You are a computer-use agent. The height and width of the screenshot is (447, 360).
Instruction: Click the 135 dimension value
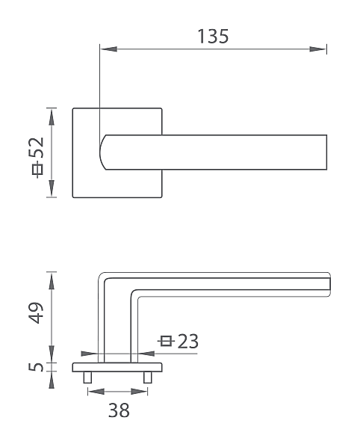point(213,36)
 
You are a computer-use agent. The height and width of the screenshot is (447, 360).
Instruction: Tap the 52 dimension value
point(37,147)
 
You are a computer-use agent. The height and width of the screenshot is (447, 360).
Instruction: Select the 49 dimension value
point(37,312)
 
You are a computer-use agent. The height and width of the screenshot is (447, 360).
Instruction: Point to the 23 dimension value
point(188,341)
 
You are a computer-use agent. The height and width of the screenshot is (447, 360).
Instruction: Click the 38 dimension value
point(119,410)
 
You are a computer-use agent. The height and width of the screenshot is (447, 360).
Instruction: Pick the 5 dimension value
point(37,367)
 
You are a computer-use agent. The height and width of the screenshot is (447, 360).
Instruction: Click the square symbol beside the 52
point(37,170)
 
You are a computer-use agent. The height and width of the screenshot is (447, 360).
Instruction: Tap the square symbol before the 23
point(166,341)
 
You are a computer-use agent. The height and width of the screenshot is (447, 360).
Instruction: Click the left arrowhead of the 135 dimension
point(108,49)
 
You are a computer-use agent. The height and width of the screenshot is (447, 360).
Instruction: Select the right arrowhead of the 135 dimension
point(318,49)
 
